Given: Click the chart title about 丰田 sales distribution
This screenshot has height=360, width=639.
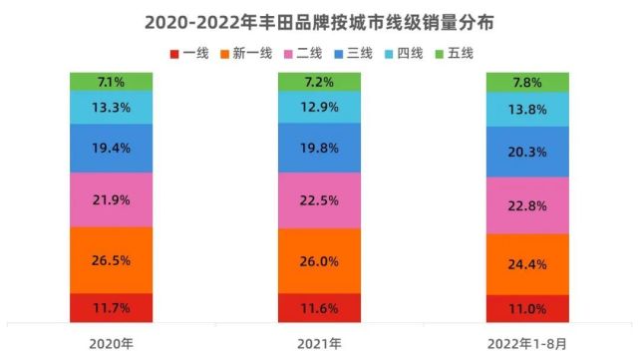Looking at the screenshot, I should pos(319,20).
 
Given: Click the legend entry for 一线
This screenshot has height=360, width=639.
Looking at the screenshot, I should pos(188,53).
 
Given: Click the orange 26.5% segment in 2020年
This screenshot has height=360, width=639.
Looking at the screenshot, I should pos(111,259).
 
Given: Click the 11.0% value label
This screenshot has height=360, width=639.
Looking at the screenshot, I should pos(526,310).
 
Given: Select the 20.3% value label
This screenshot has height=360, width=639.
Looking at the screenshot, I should pos(526,152).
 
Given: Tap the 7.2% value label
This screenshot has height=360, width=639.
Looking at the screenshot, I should pos(319,82).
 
